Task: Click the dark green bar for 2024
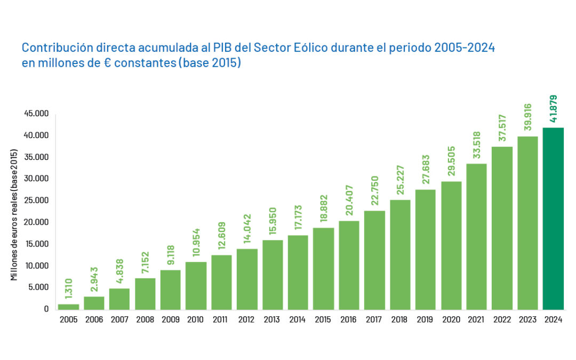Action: pyautogui.click(x=553, y=219)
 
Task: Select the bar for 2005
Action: pyautogui.click(x=68, y=307)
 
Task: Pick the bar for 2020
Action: pyautogui.click(x=451, y=245)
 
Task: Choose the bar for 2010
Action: pyautogui.click(x=196, y=285)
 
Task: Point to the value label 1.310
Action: pyautogui.click(x=68, y=289)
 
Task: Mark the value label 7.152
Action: pyautogui.click(x=145, y=263)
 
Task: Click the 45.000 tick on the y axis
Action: pyautogui.click(x=37, y=114)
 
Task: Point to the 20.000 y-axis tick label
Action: pyautogui.click(x=37, y=222)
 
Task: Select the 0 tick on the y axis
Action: pyautogui.click(x=47, y=309)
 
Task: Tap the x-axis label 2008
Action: pyautogui.click(x=145, y=319)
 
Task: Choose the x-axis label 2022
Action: pyautogui.click(x=502, y=319)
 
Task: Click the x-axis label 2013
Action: pyautogui.click(x=273, y=319)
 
